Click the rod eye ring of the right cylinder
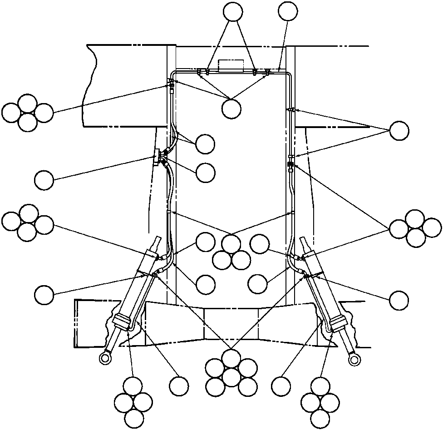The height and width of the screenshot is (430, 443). tap(354, 360)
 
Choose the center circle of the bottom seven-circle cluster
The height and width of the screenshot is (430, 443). tap(231, 376)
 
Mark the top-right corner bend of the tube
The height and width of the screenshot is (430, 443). tap(288, 74)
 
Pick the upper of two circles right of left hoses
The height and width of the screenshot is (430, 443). tap(205, 144)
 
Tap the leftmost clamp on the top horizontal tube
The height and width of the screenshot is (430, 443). tap(199, 71)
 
